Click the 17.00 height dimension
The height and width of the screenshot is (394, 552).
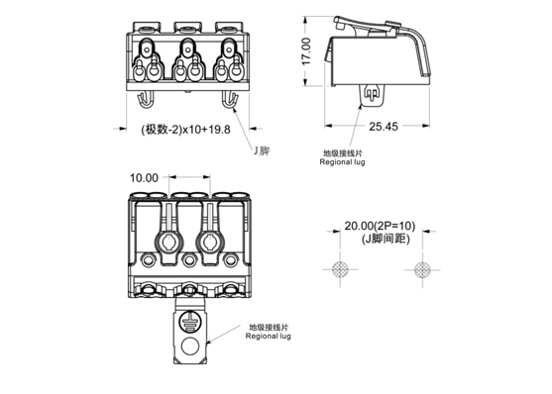click(x=306, y=51)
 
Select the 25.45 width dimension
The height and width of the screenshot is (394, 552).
click(x=384, y=127)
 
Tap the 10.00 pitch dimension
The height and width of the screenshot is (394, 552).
click(x=144, y=178)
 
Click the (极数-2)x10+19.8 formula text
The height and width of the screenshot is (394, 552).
click(x=185, y=130)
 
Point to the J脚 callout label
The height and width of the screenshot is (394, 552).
click(x=262, y=150)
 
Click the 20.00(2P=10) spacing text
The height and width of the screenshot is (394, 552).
click(x=380, y=226)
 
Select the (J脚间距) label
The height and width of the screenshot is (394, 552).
click(x=386, y=239)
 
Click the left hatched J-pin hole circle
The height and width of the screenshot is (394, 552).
click(x=340, y=270)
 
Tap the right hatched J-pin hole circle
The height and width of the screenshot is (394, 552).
click(x=422, y=270)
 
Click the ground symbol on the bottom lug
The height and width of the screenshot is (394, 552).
click(x=189, y=321)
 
